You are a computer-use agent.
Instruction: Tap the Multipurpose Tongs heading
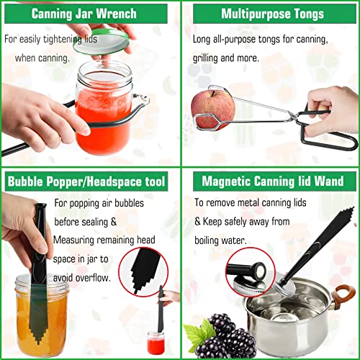272,13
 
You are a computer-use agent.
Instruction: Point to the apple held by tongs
210,107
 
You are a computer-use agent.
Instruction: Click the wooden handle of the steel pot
343,295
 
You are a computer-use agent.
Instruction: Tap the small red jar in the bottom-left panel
154,342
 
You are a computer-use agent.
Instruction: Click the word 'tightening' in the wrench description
83,40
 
